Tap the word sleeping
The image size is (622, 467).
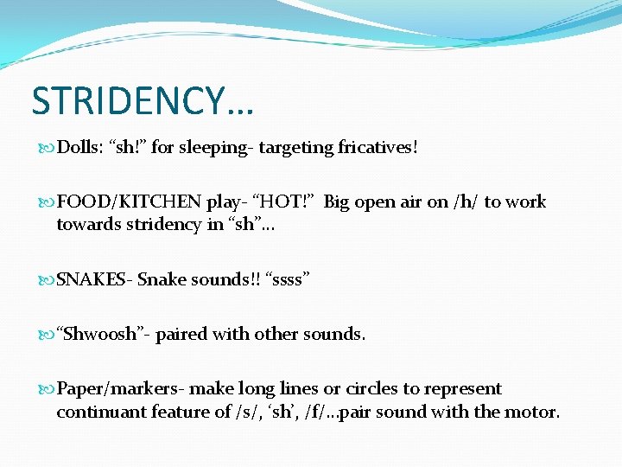click(215, 148)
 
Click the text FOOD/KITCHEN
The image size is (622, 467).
click(129, 202)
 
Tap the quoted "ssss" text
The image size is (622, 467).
click(288, 279)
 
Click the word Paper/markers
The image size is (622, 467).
click(120, 389)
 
